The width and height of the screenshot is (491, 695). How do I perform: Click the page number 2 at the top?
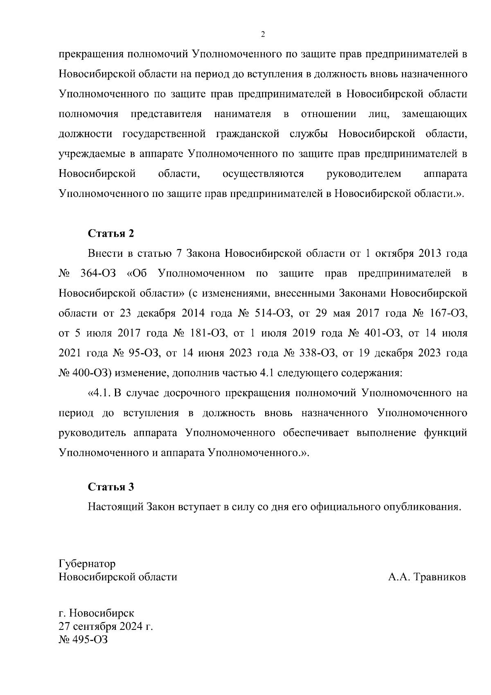point(263,34)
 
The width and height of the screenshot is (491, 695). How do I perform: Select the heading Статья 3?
point(111,487)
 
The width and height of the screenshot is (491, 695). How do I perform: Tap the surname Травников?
point(440,577)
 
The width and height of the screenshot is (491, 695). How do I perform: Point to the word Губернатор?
point(87,564)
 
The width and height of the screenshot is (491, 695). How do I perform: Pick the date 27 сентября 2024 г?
point(106,627)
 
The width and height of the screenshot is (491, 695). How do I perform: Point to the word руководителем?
point(364,174)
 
